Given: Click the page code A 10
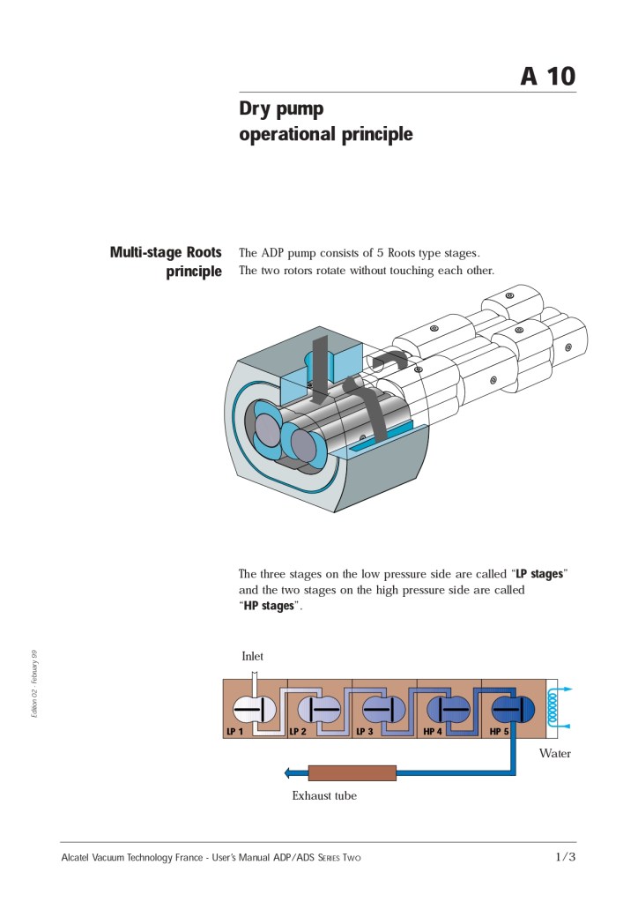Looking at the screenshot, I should tap(547, 77).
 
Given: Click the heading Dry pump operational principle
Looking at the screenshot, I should tap(325, 122).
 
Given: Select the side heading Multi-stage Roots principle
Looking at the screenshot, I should tap(166, 262).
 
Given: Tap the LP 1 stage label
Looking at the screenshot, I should tap(234, 732).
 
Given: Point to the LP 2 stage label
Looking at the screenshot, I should tap(298, 732).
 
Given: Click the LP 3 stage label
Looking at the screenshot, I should tap(364, 732).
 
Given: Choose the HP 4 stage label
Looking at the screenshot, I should tap(433, 732).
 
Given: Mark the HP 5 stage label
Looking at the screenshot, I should tap(499, 732).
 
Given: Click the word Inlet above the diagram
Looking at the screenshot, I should tap(253, 656).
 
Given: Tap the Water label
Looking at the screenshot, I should tap(555, 753).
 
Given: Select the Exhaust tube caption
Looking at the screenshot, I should tap(324, 795).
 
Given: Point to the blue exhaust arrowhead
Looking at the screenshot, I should tap(288, 773).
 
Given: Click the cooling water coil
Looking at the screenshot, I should tap(553, 707).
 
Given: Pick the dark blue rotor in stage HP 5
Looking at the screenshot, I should tap(508, 709).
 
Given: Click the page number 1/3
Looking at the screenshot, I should tap(565, 857).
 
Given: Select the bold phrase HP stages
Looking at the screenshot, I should tap(270, 606).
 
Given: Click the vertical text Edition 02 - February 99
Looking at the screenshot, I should tap(33, 682).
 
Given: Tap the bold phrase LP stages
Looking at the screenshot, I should tap(538, 574).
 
